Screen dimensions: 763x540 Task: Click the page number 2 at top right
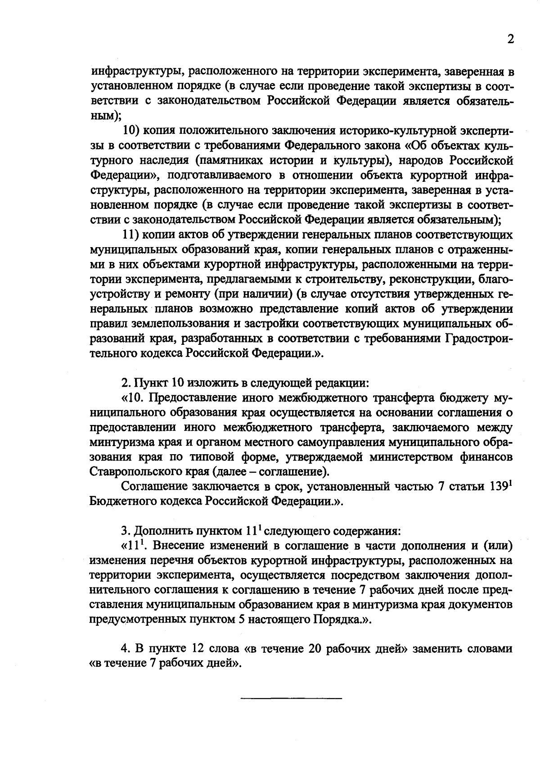pyautogui.click(x=510, y=39)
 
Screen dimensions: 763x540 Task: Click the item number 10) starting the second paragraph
pyautogui.click(x=133, y=131)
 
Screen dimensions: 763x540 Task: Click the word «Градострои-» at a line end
pyautogui.click(x=479, y=339)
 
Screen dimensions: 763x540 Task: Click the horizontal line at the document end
pyautogui.click(x=291, y=698)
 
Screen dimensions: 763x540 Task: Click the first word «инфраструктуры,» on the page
pyautogui.click(x=135, y=71)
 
